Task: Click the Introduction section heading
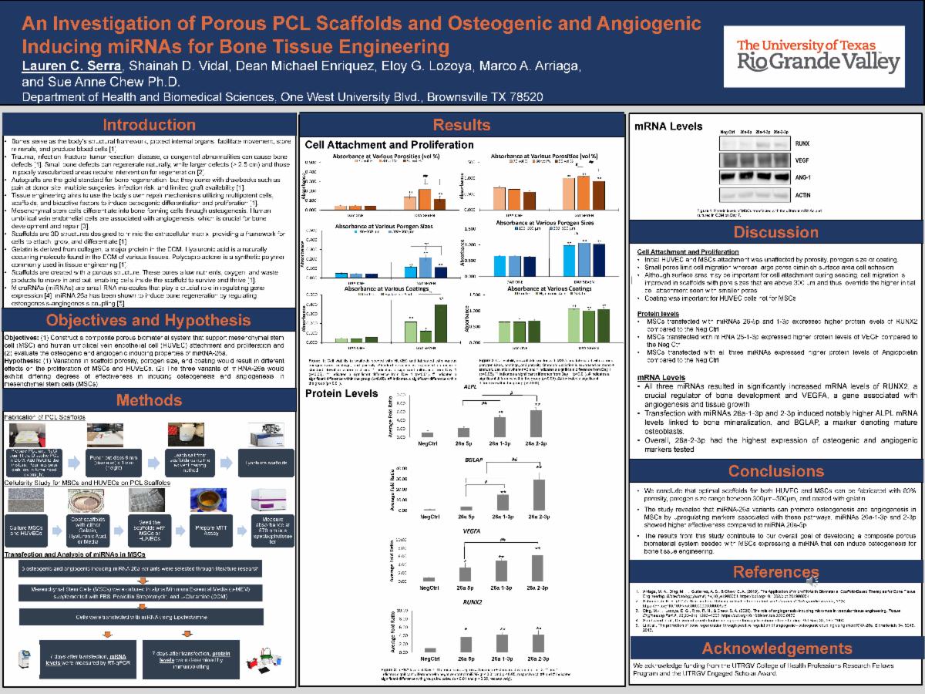click(x=150, y=125)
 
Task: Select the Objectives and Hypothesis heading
click(x=150, y=320)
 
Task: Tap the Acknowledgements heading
click(x=776, y=648)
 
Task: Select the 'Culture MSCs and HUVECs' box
click(x=29, y=514)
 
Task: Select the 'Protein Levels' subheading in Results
click(x=337, y=393)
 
